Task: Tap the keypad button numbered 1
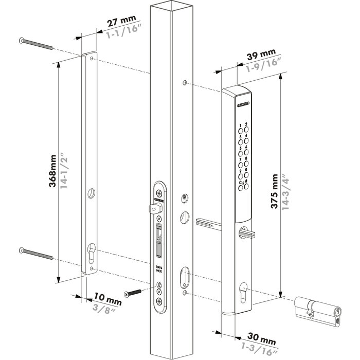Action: tap(239, 127)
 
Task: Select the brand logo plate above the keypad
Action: tap(244, 104)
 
